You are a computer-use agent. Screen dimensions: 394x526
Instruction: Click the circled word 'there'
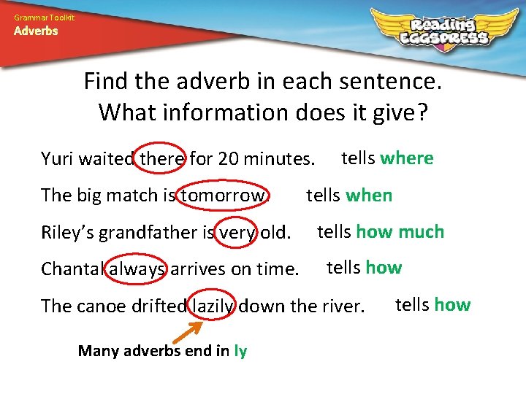pos(161,158)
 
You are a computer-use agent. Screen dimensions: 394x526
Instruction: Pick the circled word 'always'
pos(139,269)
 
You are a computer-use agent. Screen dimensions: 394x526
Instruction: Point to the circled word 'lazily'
pos(213,306)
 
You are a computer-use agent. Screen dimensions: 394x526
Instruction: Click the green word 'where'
pos(407,158)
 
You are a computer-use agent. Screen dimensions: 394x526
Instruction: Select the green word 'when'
pos(369,196)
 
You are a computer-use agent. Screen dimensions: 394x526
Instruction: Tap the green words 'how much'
pos(400,232)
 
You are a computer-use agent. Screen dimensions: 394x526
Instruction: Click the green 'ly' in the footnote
pos(240,351)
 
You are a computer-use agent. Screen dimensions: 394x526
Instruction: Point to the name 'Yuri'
pos(56,158)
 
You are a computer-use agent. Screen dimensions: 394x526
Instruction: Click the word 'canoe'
pos(100,306)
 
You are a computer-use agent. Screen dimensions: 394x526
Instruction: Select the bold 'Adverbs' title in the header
pos(36,31)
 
